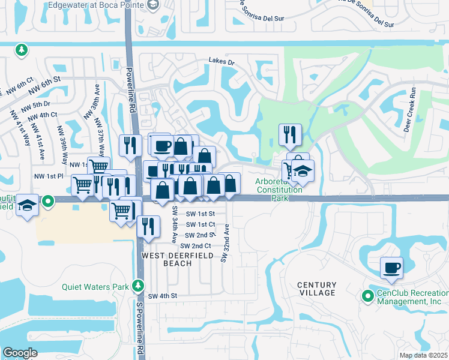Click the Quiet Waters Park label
pos(95,286)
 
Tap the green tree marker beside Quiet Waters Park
pos(139,285)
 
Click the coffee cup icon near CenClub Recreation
pos(391,267)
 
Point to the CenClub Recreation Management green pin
pos(367,295)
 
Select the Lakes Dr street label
pos(221,61)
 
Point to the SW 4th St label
pos(163,296)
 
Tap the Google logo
pos(20,353)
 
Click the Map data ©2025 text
pos(423,355)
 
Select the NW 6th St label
pos(47,79)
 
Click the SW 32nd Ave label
pos(225,242)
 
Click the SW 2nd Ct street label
pos(193,246)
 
